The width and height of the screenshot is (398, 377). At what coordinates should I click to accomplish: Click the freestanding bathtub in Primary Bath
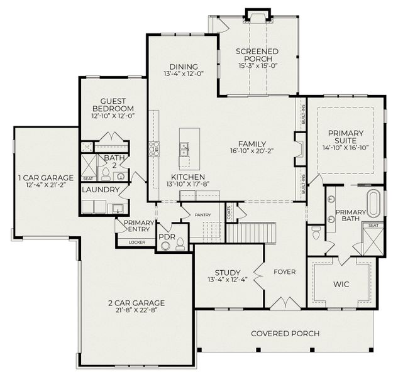pos(374,204)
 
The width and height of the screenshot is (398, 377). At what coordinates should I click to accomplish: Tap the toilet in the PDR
pos(180,244)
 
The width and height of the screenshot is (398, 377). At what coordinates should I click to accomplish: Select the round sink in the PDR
pos(166,246)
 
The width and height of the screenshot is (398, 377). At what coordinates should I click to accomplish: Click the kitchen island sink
pos(184,150)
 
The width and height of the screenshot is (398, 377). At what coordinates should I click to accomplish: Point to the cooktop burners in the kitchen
pos(154,149)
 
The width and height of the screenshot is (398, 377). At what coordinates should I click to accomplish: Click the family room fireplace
pos(300,149)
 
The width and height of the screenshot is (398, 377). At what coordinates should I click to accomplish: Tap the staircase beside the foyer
pos(251,232)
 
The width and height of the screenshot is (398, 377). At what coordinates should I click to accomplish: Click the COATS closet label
pos(229,212)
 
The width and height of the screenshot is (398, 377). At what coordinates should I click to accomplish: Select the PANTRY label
pos(203,215)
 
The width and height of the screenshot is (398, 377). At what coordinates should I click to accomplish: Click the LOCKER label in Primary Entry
pos(137,243)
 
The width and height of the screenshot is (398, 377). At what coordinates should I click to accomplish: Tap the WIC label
pos(341,284)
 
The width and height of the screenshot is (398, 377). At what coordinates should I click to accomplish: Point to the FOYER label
pos(285,272)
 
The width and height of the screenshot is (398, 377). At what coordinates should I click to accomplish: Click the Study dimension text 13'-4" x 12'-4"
pos(228,280)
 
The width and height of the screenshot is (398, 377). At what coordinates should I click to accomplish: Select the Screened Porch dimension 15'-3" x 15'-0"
pos(258,65)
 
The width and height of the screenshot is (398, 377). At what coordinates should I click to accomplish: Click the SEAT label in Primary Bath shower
pos(373,226)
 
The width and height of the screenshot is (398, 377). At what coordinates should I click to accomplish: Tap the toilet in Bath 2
pos(106,174)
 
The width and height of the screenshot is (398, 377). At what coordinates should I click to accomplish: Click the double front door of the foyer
pos(285,303)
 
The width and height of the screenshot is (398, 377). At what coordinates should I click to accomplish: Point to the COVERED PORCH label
pos(285,334)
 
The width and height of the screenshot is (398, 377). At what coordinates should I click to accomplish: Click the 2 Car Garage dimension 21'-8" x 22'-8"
pos(137,310)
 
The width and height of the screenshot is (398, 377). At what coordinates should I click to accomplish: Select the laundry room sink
pos(118,209)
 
